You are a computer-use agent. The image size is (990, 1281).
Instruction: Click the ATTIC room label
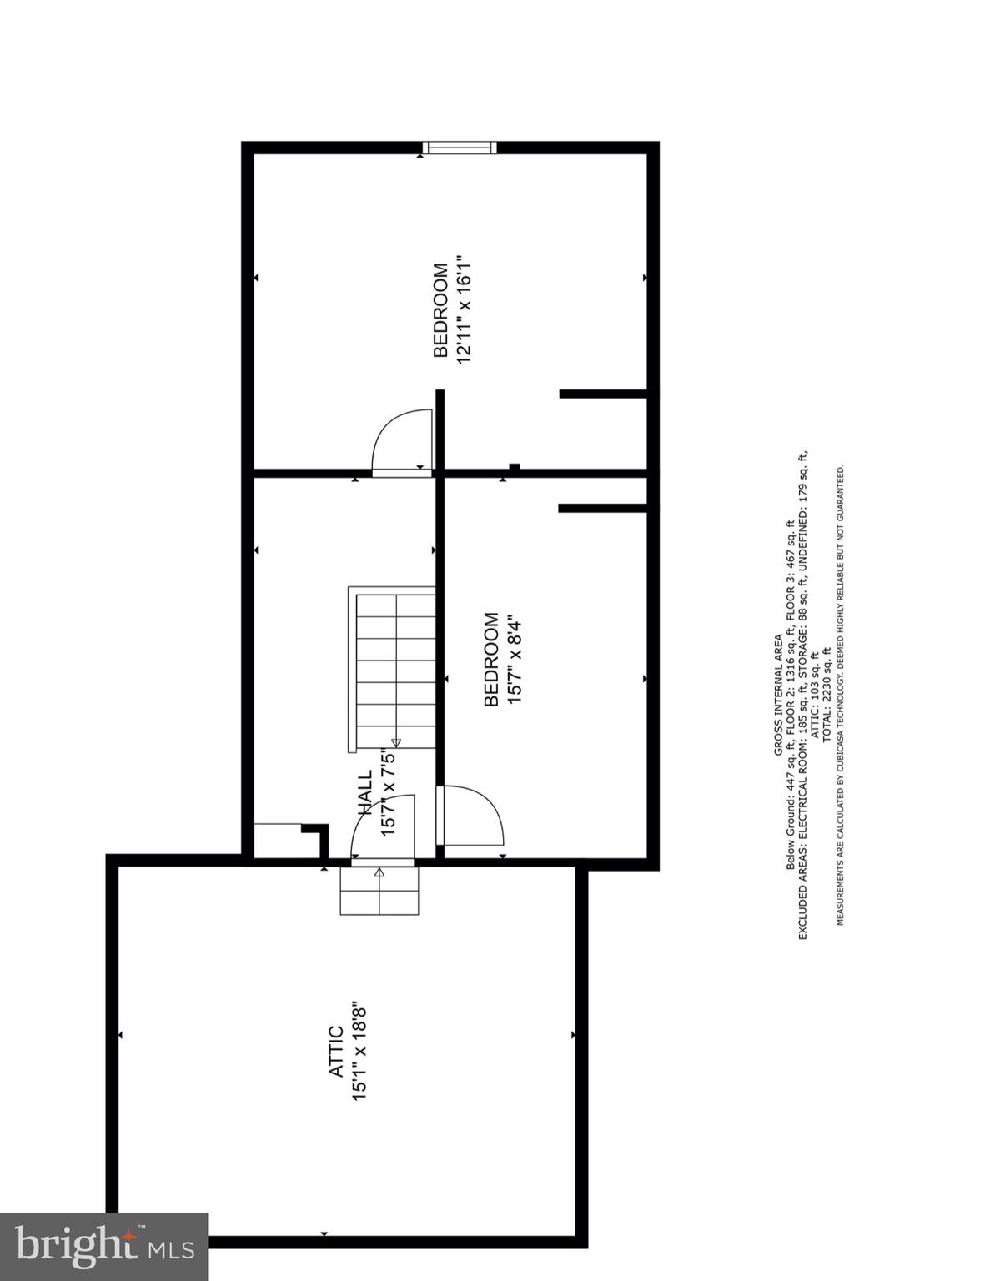(x=336, y=1052)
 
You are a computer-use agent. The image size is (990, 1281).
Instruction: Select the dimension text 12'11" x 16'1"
(x=465, y=310)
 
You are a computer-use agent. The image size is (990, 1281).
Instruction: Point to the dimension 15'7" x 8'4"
(x=514, y=661)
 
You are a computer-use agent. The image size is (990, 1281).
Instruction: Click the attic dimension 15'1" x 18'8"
(x=360, y=1052)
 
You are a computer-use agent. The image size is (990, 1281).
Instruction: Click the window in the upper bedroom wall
(x=460, y=148)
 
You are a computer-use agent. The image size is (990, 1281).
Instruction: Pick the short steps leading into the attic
(x=379, y=890)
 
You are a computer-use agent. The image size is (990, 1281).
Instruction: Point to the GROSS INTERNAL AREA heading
(x=778, y=695)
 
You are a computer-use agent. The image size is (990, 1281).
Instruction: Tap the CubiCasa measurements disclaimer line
(x=841, y=695)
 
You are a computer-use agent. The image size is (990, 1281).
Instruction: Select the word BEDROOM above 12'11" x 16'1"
(x=441, y=310)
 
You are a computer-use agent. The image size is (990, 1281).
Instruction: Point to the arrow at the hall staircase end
(x=395, y=741)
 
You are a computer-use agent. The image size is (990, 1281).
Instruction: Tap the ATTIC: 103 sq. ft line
(x=815, y=695)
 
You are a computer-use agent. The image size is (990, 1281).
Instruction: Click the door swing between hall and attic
(x=381, y=828)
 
